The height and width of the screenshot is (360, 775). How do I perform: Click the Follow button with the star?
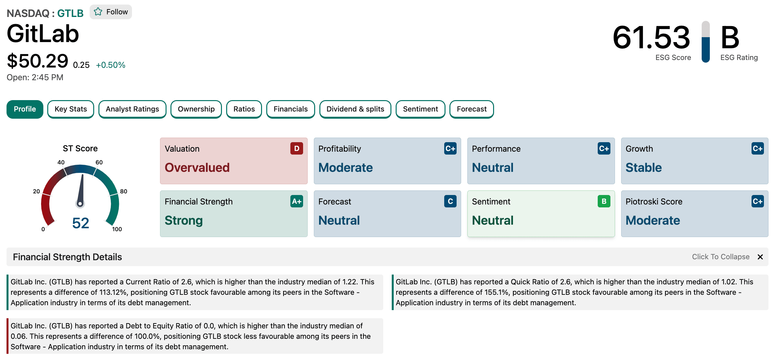111,12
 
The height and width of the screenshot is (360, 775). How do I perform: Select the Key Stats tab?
71,109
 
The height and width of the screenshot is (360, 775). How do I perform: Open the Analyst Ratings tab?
132,109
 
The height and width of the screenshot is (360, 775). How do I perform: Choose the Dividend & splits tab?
355,109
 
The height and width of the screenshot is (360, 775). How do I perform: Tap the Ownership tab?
196,109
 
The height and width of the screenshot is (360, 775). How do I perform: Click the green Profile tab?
25,109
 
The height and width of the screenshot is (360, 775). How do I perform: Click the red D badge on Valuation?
297,149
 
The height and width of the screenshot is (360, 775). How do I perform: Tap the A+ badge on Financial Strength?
297,202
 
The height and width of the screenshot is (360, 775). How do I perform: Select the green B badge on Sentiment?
604,202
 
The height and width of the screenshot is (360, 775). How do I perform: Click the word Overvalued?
197,168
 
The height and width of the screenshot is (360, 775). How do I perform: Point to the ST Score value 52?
80,223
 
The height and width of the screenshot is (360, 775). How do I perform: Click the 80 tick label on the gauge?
124,191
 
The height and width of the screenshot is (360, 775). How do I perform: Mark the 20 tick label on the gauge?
37,191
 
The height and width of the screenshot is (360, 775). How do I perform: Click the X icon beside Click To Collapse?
760,257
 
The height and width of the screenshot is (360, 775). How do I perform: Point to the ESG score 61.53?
651,37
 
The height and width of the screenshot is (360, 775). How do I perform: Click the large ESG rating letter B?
730,37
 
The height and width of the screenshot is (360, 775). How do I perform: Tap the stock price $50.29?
37,61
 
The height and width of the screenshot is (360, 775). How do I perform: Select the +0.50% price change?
110,65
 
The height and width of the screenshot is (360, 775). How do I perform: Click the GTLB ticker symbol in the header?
70,13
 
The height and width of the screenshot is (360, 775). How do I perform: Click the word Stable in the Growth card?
644,168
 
